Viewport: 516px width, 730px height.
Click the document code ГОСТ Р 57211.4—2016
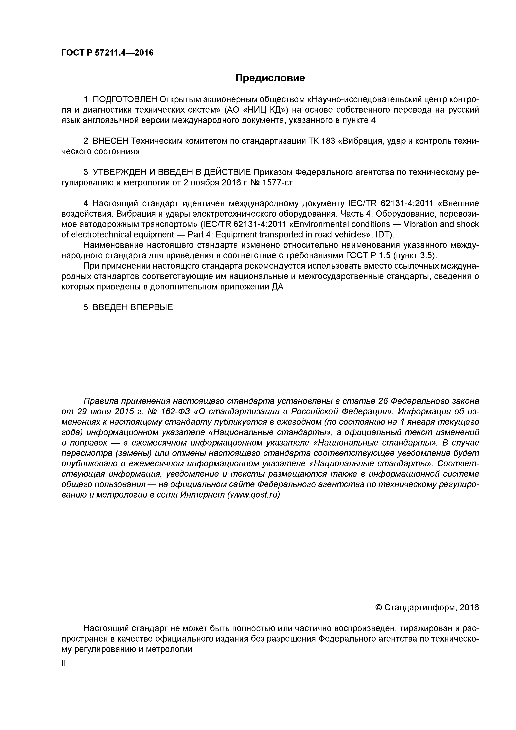point(107,53)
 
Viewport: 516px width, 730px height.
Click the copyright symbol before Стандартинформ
point(378,608)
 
